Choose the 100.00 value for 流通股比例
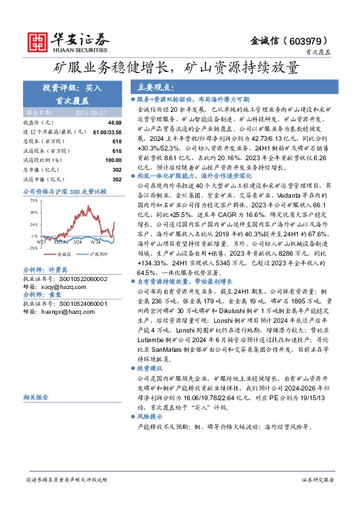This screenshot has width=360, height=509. [x=113, y=160]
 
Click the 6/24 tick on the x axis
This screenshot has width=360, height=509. [x=95, y=241]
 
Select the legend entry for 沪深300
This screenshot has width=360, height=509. [x=97, y=254]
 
